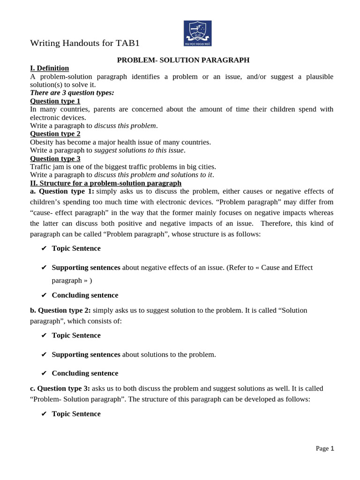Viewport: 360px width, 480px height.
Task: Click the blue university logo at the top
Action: (x=197, y=33)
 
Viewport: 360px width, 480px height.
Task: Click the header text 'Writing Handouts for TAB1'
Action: (x=85, y=43)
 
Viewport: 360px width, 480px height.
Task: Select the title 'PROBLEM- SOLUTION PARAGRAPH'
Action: (x=183, y=60)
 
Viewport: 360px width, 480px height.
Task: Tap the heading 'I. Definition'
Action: (x=49, y=68)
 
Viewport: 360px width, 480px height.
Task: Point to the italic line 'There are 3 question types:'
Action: (x=72, y=92)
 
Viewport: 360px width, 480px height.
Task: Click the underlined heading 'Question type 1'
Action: (x=55, y=101)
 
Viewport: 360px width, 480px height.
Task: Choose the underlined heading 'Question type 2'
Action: (x=55, y=134)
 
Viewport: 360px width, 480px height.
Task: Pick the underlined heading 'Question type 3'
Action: (x=55, y=158)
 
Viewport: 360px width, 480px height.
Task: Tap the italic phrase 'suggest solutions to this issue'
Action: (x=139, y=150)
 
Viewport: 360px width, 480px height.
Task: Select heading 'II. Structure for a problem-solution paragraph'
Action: (x=105, y=183)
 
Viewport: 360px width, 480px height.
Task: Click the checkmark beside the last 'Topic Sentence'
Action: (x=44, y=414)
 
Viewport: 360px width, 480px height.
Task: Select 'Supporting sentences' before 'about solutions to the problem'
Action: (x=86, y=354)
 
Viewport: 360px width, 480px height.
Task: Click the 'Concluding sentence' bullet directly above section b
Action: (x=85, y=295)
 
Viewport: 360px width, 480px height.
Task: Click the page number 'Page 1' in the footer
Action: (x=325, y=449)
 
